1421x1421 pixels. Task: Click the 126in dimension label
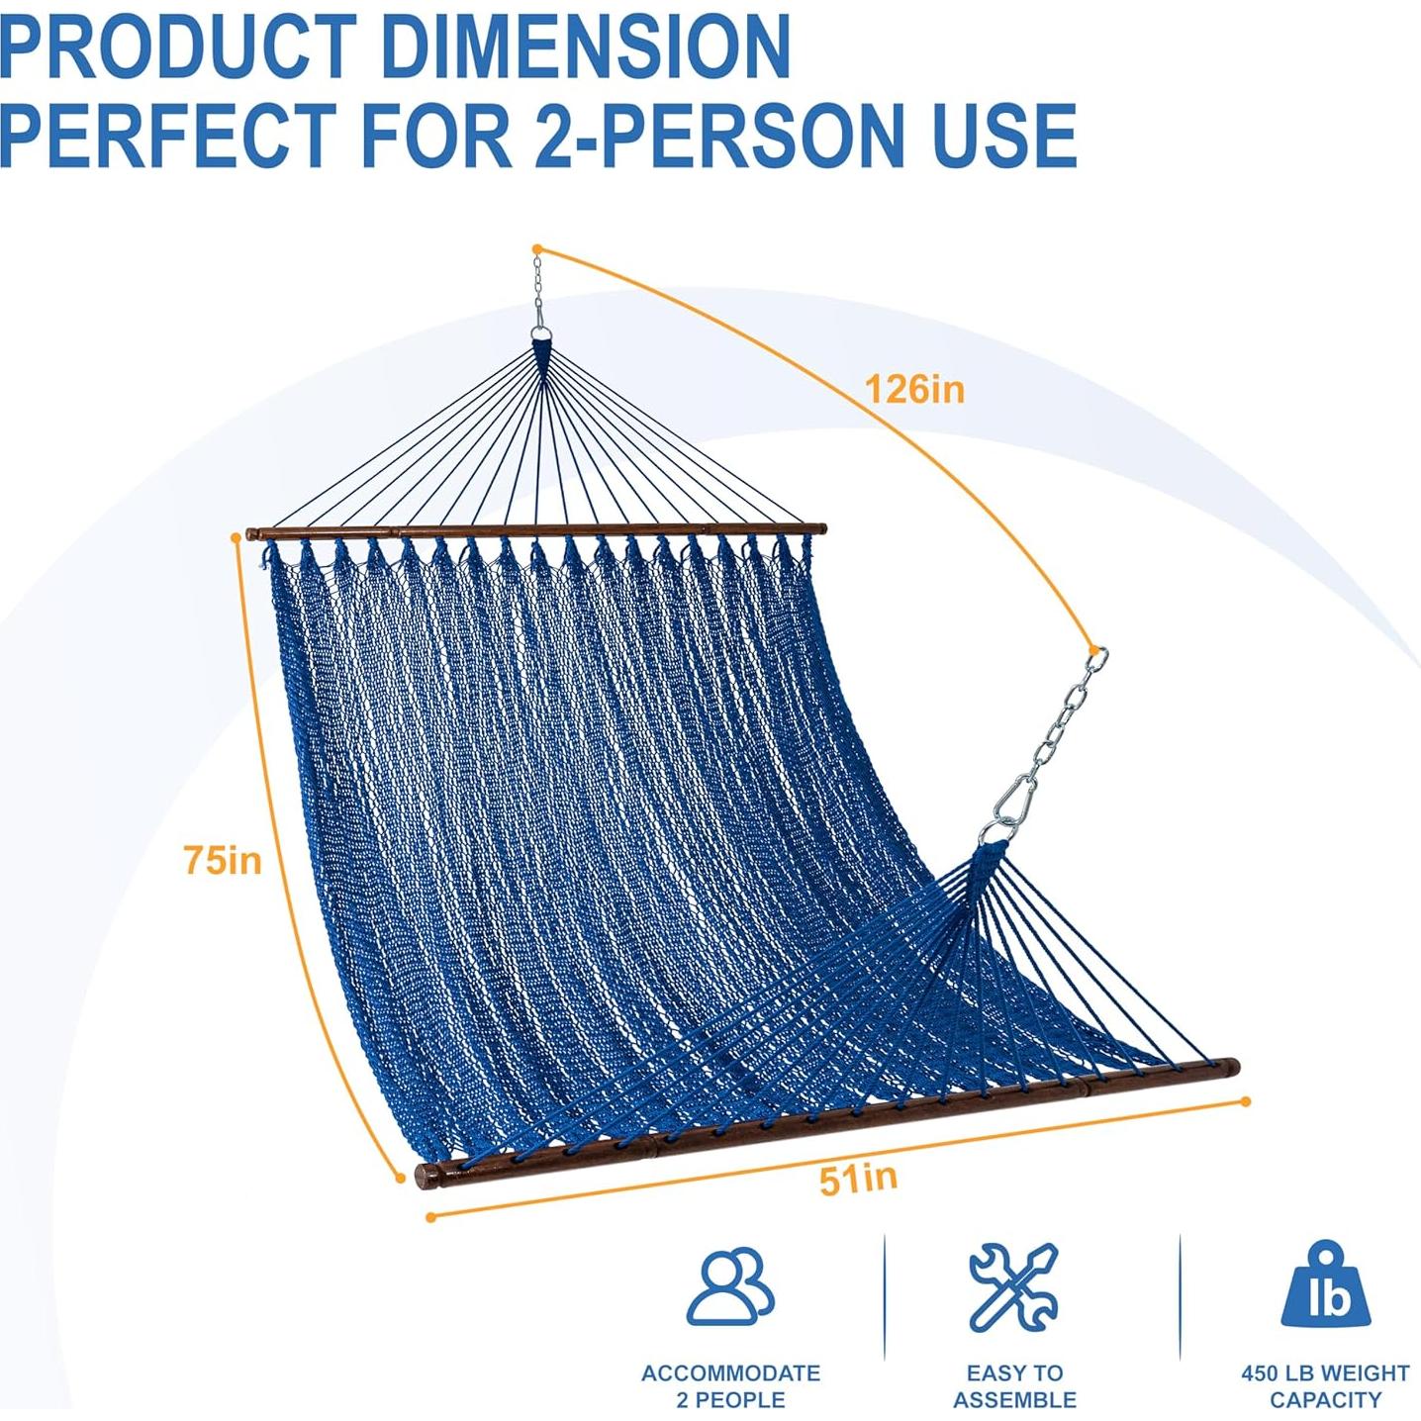pos(914,389)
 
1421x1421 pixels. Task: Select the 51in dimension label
pos(858,1180)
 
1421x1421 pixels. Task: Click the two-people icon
pos(730,1286)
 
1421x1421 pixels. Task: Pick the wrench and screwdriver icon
pos(1014,1286)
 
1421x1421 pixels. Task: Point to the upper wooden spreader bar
pos(536,530)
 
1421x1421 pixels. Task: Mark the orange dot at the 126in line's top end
pos(537,249)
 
